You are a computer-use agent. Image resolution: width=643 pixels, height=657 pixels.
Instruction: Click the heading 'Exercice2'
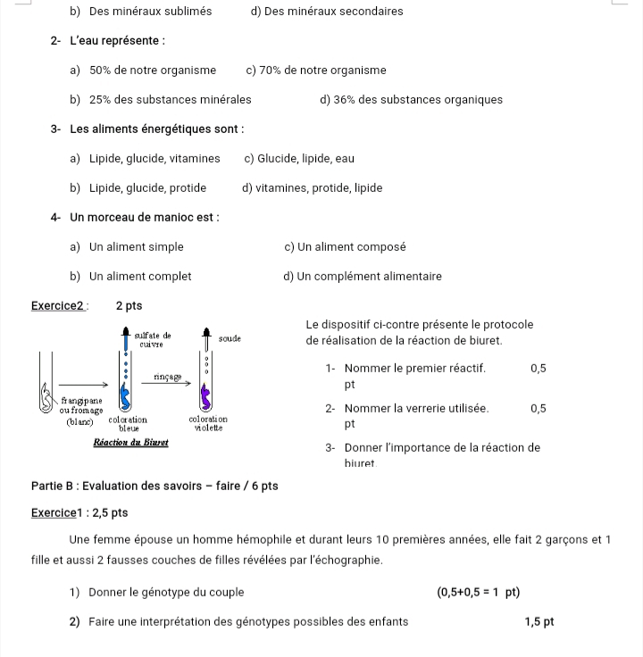[59, 305]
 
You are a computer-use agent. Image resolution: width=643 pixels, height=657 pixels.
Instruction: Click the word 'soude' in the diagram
[230, 339]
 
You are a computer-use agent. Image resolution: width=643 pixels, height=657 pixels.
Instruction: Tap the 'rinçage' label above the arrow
[167, 377]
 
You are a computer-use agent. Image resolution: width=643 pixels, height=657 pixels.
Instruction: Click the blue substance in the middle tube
[126, 395]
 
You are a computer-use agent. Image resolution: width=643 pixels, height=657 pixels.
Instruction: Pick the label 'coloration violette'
[208, 422]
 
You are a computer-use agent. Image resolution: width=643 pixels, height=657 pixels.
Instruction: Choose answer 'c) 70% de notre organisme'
[316, 71]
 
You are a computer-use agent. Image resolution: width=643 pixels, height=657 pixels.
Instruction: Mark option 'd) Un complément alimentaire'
[363, 277]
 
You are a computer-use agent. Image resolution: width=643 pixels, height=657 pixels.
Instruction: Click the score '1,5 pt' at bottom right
[539, 621]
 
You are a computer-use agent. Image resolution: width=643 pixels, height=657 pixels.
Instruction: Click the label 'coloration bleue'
[128, 423]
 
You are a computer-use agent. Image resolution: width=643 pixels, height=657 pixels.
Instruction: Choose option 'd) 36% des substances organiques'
[411, 100]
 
